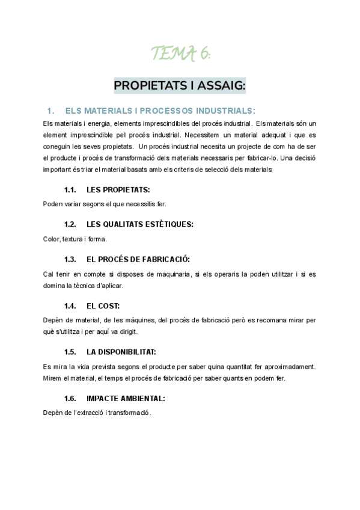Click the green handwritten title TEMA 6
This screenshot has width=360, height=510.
[x=180, y=55]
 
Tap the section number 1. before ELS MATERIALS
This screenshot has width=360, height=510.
[x=50, y=111]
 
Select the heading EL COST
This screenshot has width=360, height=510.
[x=103, y=306]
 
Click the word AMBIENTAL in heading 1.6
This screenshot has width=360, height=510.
[x=141, y=398]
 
